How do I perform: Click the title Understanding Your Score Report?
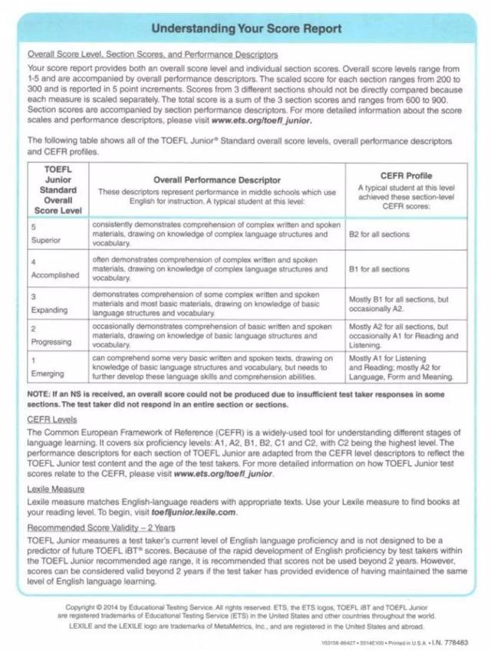coord(245,29)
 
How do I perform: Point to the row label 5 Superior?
coord(40,234)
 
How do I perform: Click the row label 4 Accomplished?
coord(51,269)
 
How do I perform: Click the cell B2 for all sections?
coord(380,234)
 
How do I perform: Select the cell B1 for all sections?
coord(380,269)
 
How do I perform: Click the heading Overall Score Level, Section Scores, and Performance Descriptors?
coord(153,54)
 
